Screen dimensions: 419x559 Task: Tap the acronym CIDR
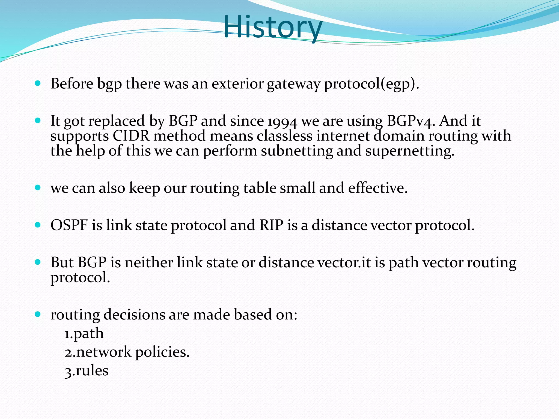131,136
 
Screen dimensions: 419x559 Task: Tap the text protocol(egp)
371,84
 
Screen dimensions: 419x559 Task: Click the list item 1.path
84,334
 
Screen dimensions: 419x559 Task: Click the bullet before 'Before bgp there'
38,83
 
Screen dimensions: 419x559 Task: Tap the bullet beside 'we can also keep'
38,187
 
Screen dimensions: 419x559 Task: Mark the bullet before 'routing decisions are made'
38,314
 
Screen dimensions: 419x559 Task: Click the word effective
378,188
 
